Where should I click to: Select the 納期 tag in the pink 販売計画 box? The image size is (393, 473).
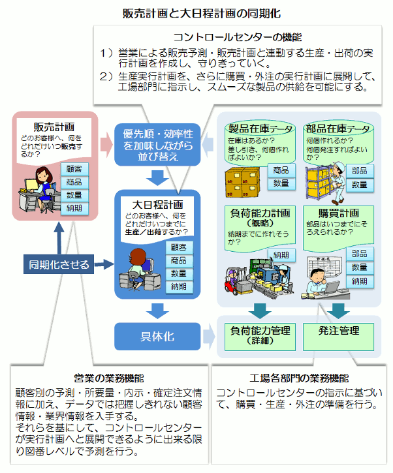tap(74, 208)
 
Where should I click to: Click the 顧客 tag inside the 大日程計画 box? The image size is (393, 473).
tap(178, 247)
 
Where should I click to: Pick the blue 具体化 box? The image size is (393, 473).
tap(157, 336)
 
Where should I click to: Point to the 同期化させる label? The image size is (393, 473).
tap(59, 264)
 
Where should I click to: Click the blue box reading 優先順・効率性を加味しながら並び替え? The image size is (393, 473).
tap(157, 144)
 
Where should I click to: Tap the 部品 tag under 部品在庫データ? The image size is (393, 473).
tap(359, 170)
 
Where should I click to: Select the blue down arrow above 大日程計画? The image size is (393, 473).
tap(157, 177)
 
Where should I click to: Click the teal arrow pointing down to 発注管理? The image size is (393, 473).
tap(339, 309)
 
